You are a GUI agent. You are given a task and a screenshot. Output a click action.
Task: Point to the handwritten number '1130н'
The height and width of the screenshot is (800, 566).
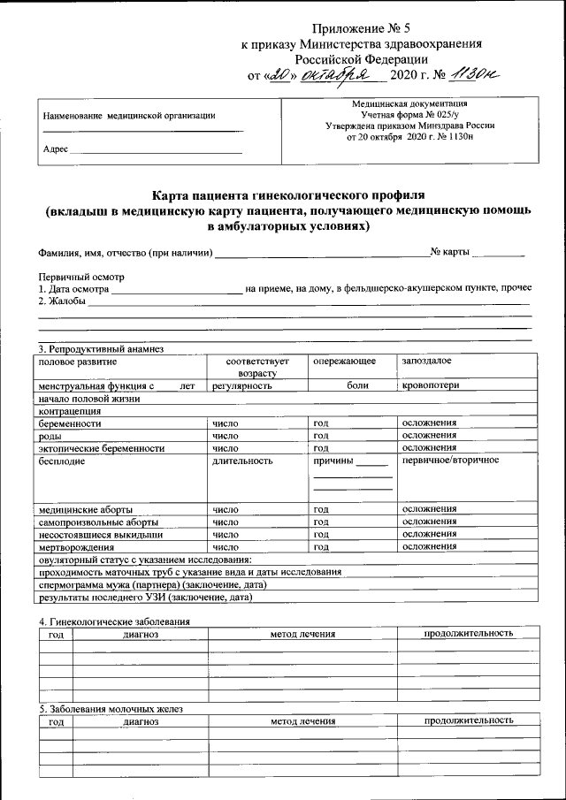click(474, 76)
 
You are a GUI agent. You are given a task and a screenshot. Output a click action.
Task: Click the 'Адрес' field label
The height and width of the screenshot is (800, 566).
click(55, 149)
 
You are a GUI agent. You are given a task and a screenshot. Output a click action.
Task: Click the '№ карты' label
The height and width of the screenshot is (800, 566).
click(450, 254)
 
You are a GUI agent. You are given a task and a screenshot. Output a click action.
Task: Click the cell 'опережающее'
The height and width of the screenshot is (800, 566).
click(345, 362)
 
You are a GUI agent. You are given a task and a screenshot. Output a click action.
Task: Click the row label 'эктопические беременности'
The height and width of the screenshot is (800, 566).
click(102, 448)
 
